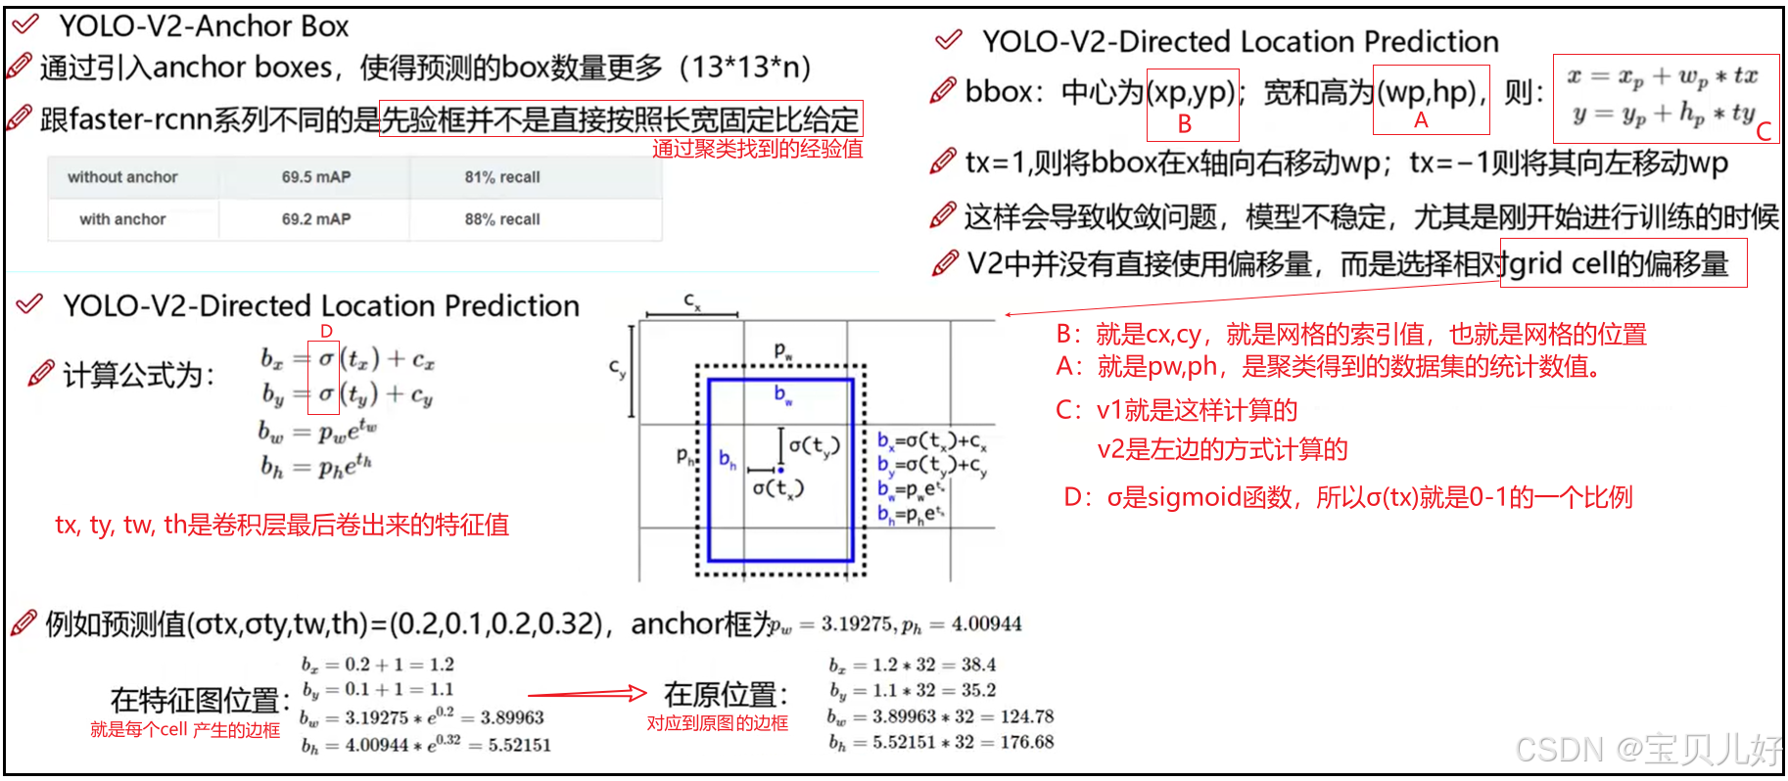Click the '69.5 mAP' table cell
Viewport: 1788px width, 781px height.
coord(315,177)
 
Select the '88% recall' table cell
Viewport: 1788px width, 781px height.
coord(501,219)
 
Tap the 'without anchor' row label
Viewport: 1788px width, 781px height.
coord(122,177)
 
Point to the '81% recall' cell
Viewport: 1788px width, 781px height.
coord(501,177)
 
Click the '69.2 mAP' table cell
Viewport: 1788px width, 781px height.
coord(315,219)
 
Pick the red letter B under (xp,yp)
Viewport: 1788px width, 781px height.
coord(1184,124)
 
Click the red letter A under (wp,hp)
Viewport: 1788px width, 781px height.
coord(1420,120)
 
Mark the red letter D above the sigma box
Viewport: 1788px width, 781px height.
coord(326,332)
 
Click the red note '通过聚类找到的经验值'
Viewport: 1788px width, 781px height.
coord(757,149)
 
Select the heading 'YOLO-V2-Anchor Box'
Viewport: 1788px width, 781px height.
coord(204,26)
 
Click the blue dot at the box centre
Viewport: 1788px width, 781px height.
coord(780,470)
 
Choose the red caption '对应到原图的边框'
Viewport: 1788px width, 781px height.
coord(717,723)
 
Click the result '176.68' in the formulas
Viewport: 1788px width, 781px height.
coord(1026,742)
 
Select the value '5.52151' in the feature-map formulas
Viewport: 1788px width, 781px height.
coord(519,745)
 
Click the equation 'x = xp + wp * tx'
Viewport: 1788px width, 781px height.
coord(1662,76)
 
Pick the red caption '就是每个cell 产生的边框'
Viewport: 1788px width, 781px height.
coord(185,730)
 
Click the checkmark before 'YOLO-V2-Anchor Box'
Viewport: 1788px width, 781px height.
coord(25,23)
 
